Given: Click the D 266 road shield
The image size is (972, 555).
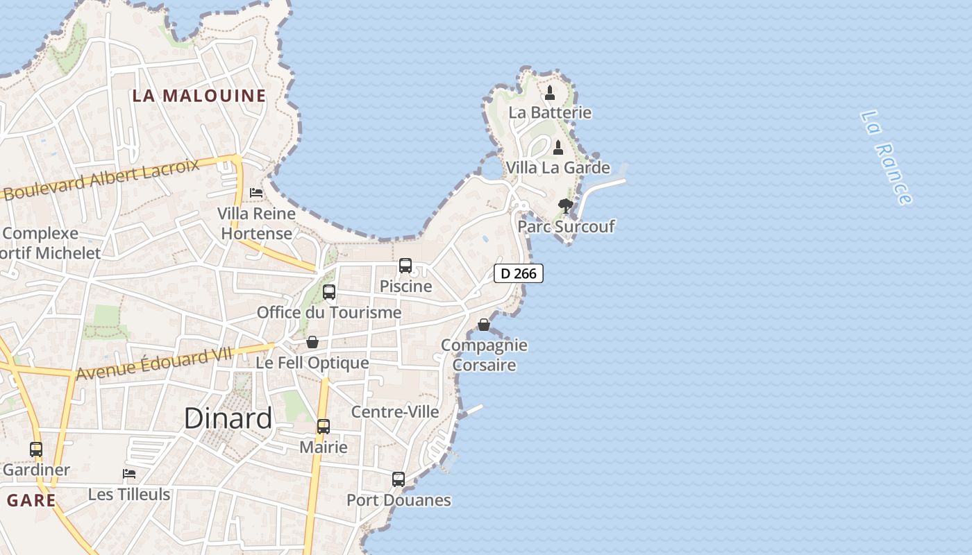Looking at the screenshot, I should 519,273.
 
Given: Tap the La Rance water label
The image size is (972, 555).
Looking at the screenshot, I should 886,157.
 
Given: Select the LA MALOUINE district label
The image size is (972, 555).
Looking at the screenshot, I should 199,96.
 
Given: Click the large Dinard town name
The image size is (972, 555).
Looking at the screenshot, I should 228,418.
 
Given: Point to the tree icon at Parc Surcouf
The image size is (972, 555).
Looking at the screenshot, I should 566,205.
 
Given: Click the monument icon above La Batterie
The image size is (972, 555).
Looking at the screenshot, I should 550,92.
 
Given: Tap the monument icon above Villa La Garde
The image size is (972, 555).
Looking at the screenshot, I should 558,148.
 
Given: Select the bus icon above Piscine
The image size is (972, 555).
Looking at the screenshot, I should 405,266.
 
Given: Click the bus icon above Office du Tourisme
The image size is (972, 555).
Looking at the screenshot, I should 329,292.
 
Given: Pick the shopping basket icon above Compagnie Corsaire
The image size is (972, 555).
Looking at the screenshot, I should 484,325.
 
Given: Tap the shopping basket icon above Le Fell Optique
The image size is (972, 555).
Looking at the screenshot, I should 312,342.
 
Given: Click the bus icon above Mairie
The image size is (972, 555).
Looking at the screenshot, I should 324,427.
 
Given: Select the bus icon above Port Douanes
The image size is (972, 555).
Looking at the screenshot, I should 399,479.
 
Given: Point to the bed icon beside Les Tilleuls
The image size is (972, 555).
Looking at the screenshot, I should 129,474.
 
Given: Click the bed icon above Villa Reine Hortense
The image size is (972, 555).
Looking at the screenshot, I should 256,192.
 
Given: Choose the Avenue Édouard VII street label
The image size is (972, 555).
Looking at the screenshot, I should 153,364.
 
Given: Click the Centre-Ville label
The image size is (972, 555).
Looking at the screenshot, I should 395,411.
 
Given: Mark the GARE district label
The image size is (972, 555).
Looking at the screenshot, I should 31,499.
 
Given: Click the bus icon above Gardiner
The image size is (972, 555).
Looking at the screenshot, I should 36,450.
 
